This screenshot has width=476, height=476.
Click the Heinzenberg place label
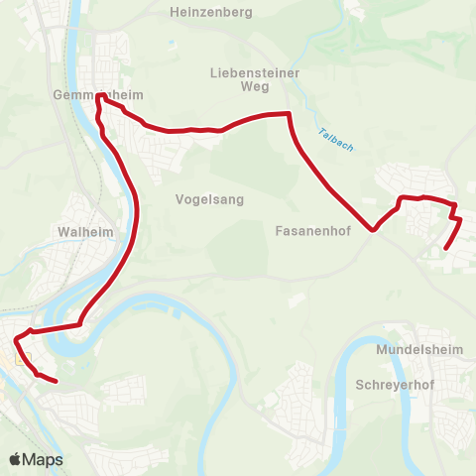(x=211, y=12)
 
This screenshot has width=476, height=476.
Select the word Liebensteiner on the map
(x=255, y=72)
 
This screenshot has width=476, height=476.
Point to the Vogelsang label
(x=209, y=198)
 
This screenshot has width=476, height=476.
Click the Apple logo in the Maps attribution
(x=16, y=459)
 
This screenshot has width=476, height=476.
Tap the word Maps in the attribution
(x=43, y=459)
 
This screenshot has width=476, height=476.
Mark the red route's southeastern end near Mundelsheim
(x=445, y=248)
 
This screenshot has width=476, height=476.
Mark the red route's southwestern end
(x=56, y=381)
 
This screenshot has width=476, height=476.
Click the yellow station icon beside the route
(x=24, y=360)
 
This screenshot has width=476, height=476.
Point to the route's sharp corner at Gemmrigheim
(x=98, y=96)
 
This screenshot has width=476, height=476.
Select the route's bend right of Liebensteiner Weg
(x=289, y=115)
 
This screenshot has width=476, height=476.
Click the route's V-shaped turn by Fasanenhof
(x=374, y=230)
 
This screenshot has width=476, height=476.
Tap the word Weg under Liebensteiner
(x=255, y=86)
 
